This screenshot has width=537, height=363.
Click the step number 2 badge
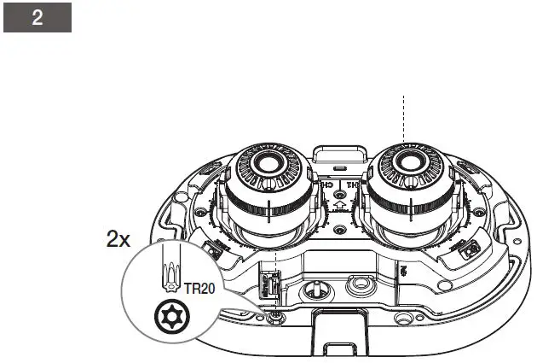(x=37, y=18)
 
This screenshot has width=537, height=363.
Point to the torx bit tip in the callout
(x=170, y=277)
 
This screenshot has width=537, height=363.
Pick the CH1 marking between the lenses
(x=351, y=182)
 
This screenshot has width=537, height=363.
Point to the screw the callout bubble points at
(x=274, y=318)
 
